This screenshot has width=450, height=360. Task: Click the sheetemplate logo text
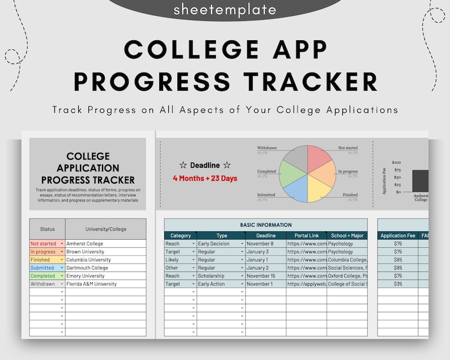225,9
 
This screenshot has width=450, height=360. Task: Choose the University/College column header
106,229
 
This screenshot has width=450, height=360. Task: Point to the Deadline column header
265,235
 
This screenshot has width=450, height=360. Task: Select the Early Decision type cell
219,244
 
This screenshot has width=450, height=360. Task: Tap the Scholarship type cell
219,276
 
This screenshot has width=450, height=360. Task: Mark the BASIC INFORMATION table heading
266,225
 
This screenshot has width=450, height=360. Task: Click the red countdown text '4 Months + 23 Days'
205,179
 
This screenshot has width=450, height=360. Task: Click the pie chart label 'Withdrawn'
266,148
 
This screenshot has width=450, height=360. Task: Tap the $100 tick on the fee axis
396,163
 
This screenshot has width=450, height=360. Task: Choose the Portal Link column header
306,235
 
